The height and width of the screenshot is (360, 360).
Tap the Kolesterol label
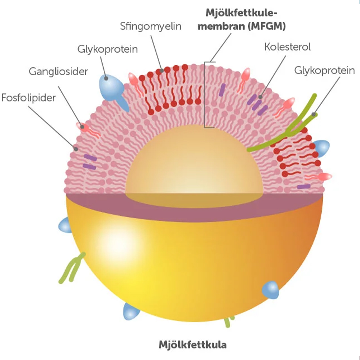tap(287, 47)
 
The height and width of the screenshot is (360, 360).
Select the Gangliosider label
tap(58, 71)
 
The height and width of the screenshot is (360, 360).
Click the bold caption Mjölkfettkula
tap(193, 344)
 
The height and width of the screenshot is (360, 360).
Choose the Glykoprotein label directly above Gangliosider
tap(108, 49)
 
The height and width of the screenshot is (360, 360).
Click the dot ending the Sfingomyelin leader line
tap(162, 71)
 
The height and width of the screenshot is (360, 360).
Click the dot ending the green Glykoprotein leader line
tap(313, 115)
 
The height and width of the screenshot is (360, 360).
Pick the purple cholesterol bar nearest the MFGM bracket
tap(222, 90)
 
